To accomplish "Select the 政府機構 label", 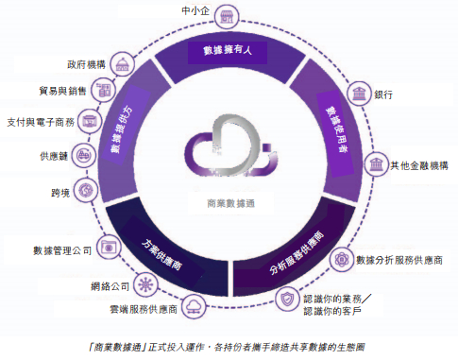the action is coord(86,65).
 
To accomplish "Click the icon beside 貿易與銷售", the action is coord(105,92).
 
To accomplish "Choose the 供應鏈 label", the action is coord(53,156).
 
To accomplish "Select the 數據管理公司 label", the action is coord(62,250).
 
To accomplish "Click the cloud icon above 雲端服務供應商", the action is coord(194,303).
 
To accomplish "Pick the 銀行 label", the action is coord(384,94).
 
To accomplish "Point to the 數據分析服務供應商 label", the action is coord(399,259).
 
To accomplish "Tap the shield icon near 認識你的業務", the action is coord(289,299).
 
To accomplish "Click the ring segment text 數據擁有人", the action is coord(227,49).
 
